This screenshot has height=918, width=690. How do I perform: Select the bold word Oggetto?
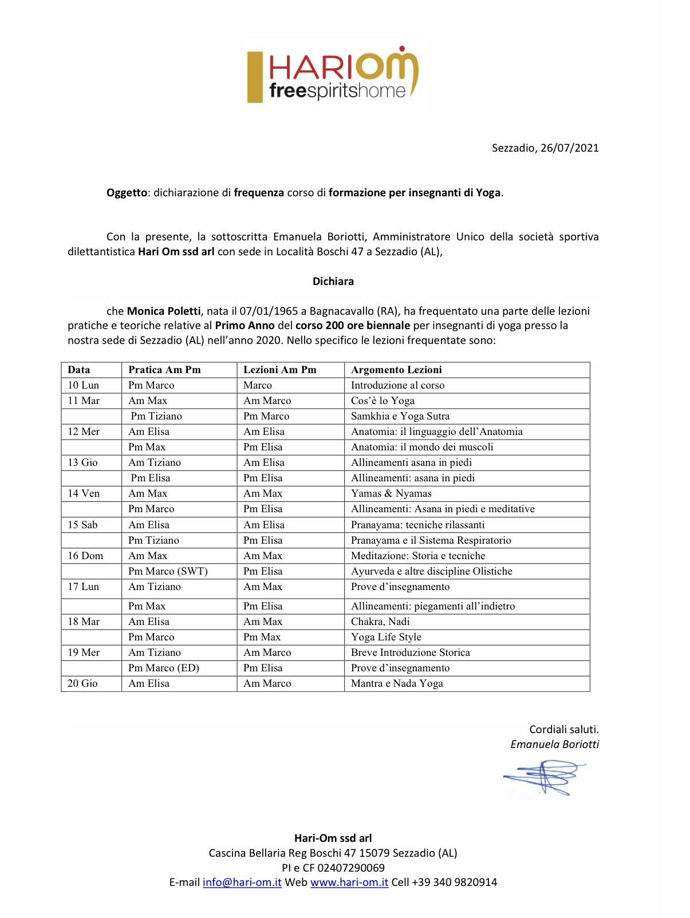click(127, 193)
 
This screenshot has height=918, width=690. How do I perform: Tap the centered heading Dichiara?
click(333, 281)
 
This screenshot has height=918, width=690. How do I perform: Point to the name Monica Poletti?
click(164, 311)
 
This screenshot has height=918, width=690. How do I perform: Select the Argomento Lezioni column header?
click(396, 370)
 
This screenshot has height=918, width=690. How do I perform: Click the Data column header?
click(79, 370)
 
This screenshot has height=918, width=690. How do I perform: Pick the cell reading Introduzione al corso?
click(397, 385)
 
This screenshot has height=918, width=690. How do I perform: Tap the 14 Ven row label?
click(84, 493)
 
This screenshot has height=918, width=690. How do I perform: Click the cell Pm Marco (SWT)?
click(168, 571)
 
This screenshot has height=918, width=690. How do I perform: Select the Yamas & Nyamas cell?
click(391, 493)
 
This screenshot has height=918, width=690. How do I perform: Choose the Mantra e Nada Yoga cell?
click(397, 683)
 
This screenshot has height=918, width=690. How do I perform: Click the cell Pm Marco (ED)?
click(164, 668)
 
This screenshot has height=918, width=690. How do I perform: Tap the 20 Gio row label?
click(82, 683)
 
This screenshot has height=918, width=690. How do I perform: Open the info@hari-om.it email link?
click(242, 883)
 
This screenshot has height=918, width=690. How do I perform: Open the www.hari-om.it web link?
click(349, 883)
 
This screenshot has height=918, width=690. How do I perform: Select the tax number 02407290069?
click(351, 868)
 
